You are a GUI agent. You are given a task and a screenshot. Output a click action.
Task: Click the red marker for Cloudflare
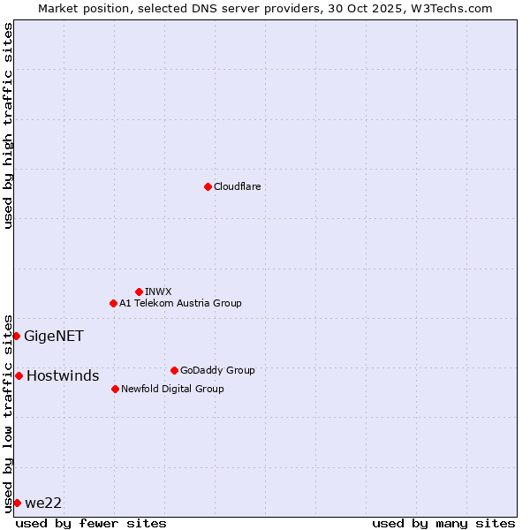[208, 186]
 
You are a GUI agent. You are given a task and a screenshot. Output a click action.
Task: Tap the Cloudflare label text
[237, 186]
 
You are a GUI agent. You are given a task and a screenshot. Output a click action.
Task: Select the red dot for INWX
[139, 291]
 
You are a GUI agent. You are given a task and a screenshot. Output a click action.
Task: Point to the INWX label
[158, 291]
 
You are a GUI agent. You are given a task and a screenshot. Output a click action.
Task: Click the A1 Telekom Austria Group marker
[113, 303]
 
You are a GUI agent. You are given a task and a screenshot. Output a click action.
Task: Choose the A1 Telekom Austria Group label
[180, 303]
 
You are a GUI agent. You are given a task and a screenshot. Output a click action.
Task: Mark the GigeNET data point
[16, 336]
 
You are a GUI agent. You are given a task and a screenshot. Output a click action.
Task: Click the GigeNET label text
[54, 336]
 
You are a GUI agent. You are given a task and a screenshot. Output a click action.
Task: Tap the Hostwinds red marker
[19, 375]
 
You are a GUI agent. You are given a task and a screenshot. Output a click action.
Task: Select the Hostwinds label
[63, 375]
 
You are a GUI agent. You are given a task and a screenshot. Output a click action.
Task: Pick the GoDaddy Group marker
[174, 370]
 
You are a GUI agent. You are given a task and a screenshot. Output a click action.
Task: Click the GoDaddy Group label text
[217, 370]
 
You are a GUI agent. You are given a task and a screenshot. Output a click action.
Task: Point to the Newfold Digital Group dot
[115, 389]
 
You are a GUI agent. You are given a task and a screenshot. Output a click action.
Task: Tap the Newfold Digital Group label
[172, 389]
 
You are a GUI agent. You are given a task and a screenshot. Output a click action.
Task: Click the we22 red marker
[17, 503]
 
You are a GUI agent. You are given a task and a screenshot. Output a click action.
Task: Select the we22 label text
[43, 503]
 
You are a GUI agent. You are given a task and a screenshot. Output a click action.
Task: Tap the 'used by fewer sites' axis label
[91, 523]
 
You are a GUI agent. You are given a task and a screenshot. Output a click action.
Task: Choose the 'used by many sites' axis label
[443, 523]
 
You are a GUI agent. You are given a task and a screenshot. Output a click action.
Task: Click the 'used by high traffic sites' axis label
[8, 125]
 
